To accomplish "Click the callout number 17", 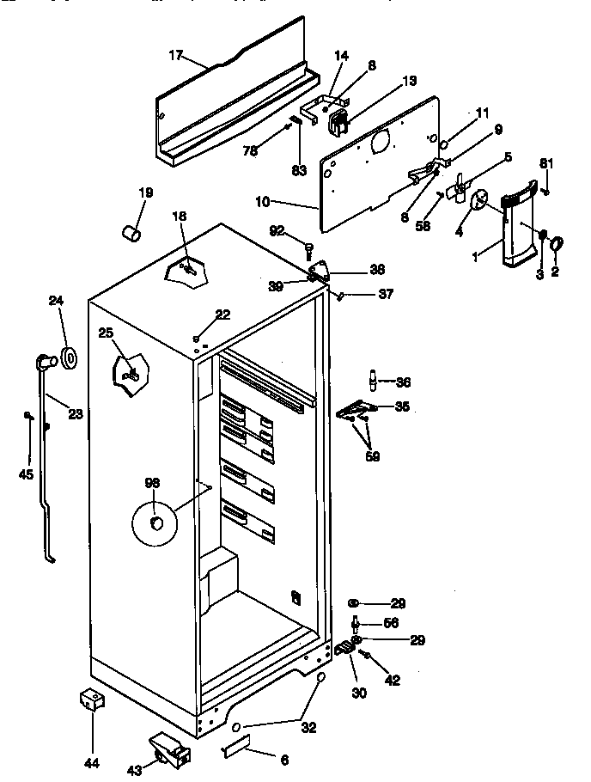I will (175, 55).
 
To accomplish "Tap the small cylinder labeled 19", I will (132, 232).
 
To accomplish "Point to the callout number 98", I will (153, 483).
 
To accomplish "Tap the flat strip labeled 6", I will (235, 750).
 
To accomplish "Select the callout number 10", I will (263, 202).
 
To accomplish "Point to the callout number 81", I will (545, 163).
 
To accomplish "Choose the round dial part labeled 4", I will (481, 200).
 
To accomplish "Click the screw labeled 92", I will (307, 248).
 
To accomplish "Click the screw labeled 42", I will (367, 657).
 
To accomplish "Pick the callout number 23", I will (75, 414).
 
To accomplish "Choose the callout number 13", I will (408, 81).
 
